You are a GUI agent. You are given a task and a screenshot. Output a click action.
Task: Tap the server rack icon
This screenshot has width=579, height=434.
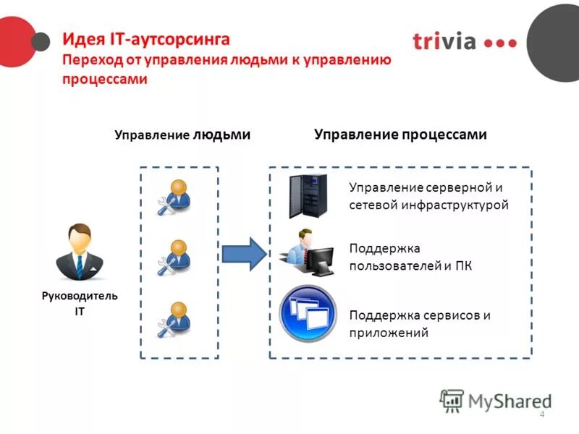(308, 196)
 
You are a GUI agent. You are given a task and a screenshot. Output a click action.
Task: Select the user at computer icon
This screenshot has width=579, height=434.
(308, 252)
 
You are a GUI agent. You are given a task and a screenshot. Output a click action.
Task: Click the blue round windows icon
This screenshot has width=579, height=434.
(308, 314)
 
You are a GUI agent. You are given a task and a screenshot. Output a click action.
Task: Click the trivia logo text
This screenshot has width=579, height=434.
(444, 41)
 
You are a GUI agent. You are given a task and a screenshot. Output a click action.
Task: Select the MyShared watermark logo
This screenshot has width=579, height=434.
(496, 400)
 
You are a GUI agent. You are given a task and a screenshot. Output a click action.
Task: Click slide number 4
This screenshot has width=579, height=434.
(542, 414)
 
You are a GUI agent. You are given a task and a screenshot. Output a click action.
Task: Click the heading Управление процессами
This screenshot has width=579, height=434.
(400, 135)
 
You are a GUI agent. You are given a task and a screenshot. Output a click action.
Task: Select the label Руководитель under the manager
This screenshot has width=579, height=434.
(80, 296)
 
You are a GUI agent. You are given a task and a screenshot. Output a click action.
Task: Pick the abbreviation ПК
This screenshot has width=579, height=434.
(463, 266)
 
